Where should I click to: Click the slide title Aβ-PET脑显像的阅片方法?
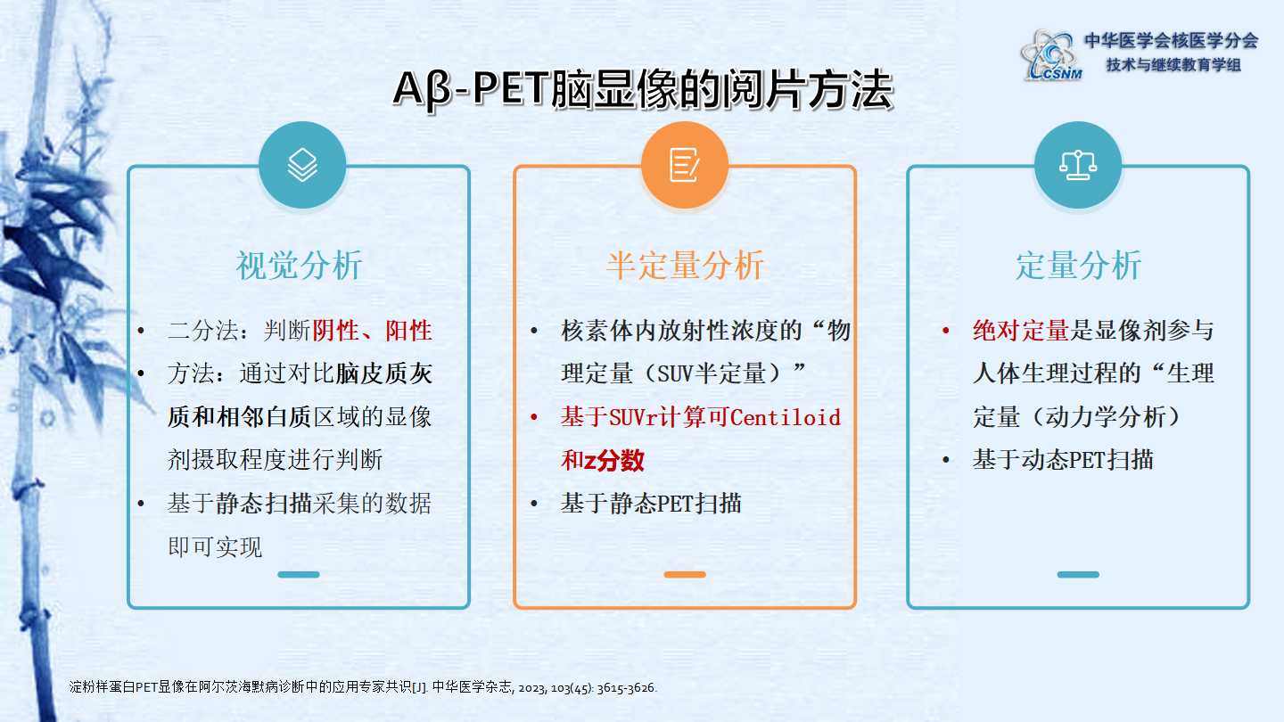pos(643,90)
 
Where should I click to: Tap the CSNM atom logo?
pos(1051,55)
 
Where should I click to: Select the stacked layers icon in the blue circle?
pos(302,165)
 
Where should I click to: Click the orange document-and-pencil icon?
pos(685,165)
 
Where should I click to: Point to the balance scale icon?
pos(1078,165)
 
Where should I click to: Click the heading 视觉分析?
pos(299,266)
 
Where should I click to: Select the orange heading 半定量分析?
pos(685,266)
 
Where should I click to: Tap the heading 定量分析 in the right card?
pos(1078,266)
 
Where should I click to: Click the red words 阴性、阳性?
pos(372,331)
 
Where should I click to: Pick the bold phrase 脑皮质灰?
pos(383,373)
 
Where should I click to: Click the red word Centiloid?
pos(786,417)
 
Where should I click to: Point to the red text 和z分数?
pos(603,460)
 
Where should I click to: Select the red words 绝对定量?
pos(1020,331)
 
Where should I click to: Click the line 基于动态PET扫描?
pos(1063,460)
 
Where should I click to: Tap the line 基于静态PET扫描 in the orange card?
pos(651,504)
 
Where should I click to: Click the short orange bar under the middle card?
pos(685,574)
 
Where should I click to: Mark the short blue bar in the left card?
pos(299,574)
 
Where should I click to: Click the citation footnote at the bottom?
pos(363,687)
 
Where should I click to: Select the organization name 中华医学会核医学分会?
pos(1171,40)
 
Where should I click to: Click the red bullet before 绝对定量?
pos(945,331)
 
